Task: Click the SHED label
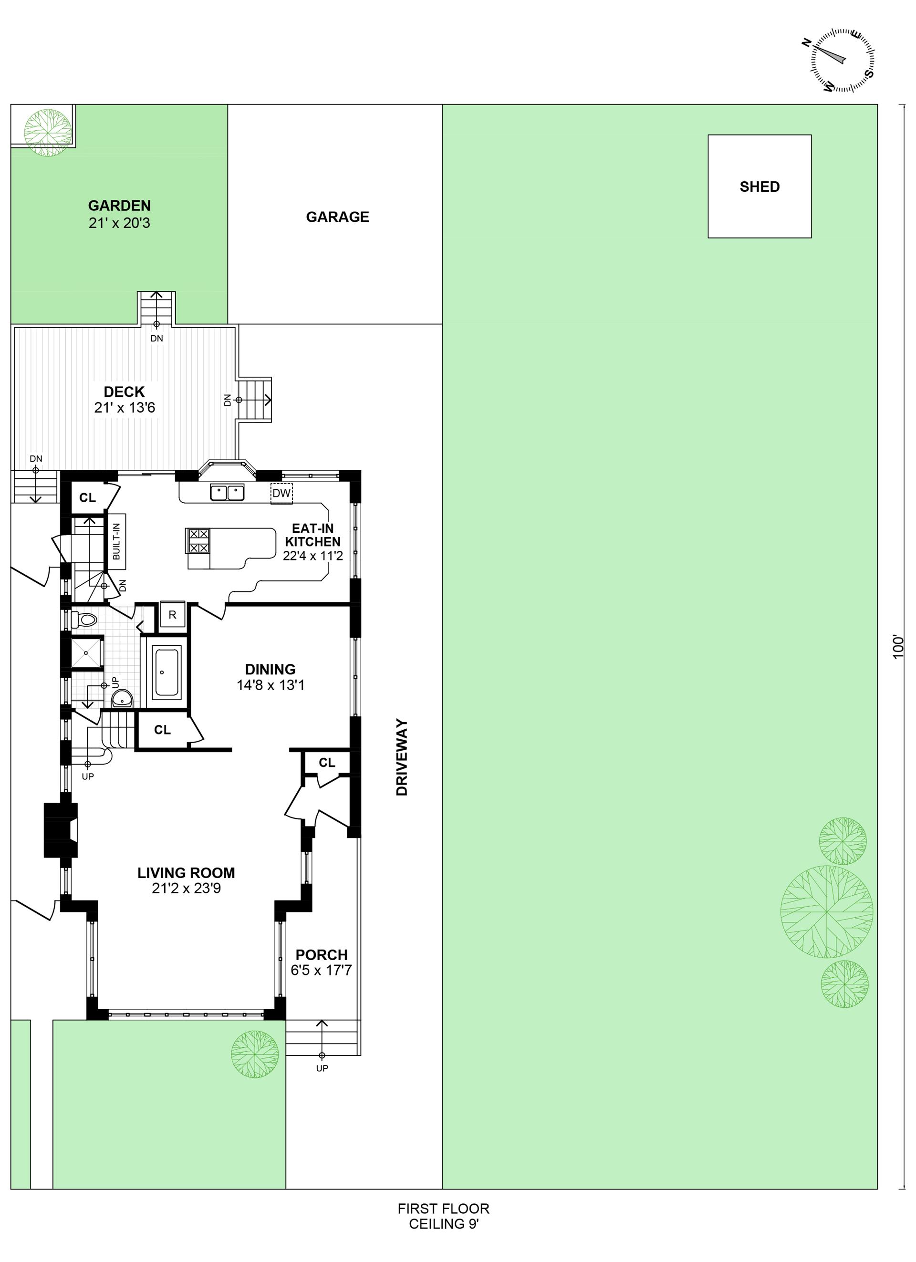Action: click(x=759, y=187)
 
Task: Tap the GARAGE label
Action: click(x=337, y=217)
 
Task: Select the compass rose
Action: click(x=842, y=60)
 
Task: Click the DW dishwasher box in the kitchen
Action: click(x=281, y=493)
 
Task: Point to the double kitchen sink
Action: click(x=227, y=492)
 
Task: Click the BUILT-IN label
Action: click(x=116, y=541)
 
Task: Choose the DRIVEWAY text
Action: click(x=402, y=757)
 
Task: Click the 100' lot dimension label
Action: click(x=896, y=647)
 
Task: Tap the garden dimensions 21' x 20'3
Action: click(x=119, y=223)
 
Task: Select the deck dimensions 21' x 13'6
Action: click(x=124, y=407)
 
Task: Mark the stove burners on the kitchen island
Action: click(x=198, y=541)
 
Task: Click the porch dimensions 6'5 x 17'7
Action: click(x=321, y=971)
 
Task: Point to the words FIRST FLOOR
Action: click(x=443, y=1209)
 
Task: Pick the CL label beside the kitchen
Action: click(x=87, y=497)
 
